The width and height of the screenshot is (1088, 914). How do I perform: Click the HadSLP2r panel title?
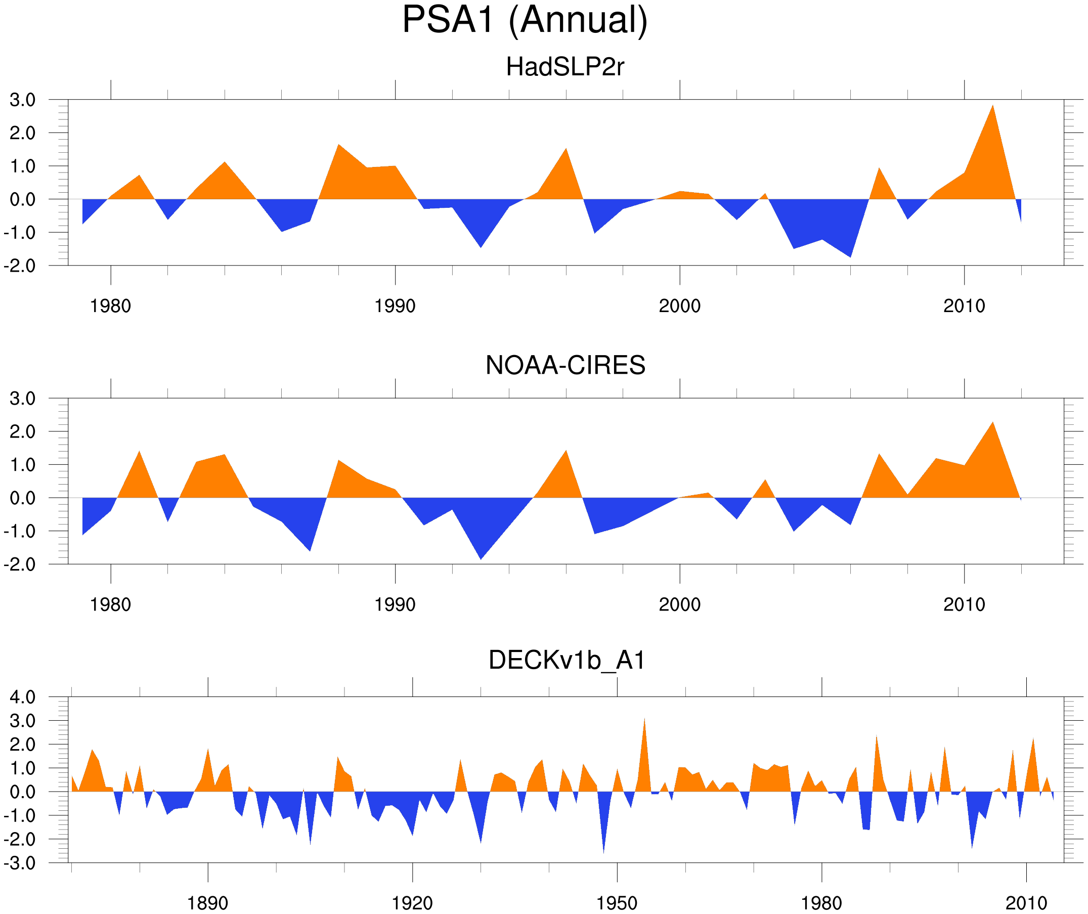tap(564, 67)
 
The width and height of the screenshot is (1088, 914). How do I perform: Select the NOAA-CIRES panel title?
tap(565, 365)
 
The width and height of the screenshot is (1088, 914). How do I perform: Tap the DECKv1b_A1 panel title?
tap(567, 660)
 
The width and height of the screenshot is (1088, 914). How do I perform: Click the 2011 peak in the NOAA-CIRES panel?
tap(992, 423)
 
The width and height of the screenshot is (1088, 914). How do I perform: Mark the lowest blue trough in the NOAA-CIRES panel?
tap(481, 557)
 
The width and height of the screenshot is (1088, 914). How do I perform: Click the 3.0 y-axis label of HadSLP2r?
tap(23, 100)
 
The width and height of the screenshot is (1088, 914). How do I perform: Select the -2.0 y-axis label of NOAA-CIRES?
tap(20, 564)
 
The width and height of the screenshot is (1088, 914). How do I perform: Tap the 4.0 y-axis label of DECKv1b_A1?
tap(23, 697)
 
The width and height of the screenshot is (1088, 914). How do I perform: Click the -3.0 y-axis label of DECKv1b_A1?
tap(20, 863)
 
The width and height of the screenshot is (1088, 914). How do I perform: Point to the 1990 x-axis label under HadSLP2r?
tap(395, 306)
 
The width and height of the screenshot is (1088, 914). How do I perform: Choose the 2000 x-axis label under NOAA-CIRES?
tap(679, 604)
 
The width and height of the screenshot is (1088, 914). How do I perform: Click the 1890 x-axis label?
tap(207, 903)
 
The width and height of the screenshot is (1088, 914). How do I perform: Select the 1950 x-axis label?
tap(617, 903)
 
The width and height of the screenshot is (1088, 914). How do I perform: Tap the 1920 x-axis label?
tap(412, 903)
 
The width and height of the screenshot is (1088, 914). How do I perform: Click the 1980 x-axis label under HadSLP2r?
tap(110, 306)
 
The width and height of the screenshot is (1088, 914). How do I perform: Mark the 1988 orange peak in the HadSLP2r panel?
tap(338, 146)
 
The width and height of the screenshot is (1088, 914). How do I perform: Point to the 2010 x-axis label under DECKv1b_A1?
tap(1026, 903)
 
